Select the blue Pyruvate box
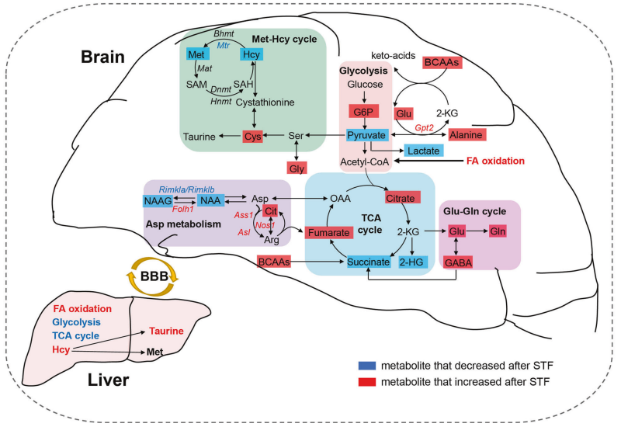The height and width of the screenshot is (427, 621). (366, 135)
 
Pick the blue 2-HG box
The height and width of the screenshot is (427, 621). (412, 262)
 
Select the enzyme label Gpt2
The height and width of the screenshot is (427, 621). (425, 127)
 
